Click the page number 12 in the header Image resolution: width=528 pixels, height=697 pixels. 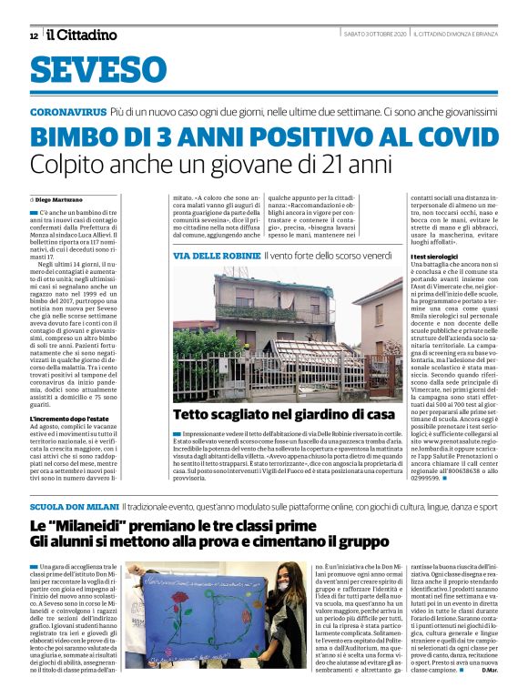pyautogui.click(x=34, y=35)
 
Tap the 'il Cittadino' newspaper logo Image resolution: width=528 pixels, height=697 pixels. pyautogui.click(x=82, y=35)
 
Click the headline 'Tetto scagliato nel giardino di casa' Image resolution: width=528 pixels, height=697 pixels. pyautogui.click(x=271, y=416)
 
